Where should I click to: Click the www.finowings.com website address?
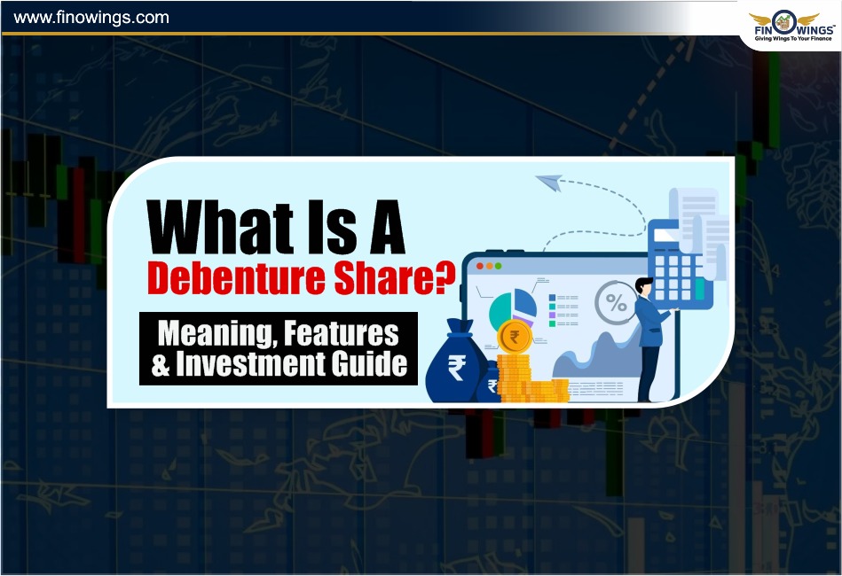91,18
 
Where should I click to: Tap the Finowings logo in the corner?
792,26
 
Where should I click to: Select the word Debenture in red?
236,278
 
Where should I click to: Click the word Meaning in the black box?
218,333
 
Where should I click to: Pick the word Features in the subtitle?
341,333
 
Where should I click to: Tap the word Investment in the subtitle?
250,363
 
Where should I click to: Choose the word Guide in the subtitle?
369,363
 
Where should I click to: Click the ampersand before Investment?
161,364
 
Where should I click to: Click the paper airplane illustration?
549,183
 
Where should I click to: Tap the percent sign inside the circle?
616,302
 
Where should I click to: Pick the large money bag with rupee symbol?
456,362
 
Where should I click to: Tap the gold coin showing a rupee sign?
514,338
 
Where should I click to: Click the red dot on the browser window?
479,266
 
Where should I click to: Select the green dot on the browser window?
499,266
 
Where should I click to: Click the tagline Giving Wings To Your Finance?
792,39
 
